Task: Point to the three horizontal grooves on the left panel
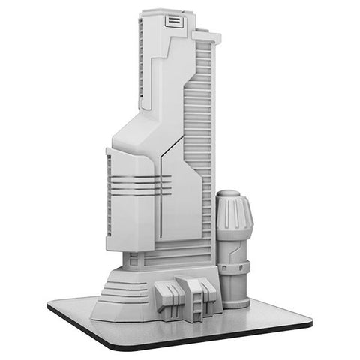pyautogui.click(x=133, y=184)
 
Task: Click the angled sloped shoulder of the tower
pyautogui.click(x=139, y=135)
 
